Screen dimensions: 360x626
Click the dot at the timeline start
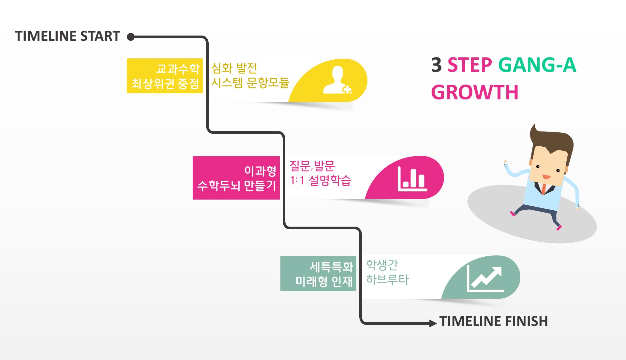pyautogui.click(x=131, y=37)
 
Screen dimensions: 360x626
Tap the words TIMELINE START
pyautogui.click(x=67, y=36)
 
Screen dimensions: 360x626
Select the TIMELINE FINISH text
pyautogui.click(x=493, y=321)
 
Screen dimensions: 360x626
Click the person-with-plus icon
pyautogui.click(x=337, y=81)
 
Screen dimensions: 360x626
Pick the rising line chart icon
pyautogui.click(x=485, y=279)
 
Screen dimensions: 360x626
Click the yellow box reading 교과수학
pyautogui.click(x=165, y=76)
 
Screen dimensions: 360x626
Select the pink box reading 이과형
pyautogui.click(x=236, y=178)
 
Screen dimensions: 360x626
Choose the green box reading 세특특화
pyautogui.click(x=318, y=274)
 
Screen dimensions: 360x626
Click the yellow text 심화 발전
pyautogui.click(x=234, y=68)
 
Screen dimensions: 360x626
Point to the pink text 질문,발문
pyautogui.click(x=312, y=166)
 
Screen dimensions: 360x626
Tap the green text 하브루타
pyautogui.click(x=387, y=279)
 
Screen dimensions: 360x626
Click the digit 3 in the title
pyautogui.click(x=436, y=65)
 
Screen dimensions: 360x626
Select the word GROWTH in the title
pyautogui.click(x=474, y=92)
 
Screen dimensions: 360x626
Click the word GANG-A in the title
pyautogui.click(x=537, y=65)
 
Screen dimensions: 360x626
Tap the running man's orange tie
pyautogui.click(x=544, y=189)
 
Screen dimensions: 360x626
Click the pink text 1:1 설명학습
pyautogui.click(x=320, y=180)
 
